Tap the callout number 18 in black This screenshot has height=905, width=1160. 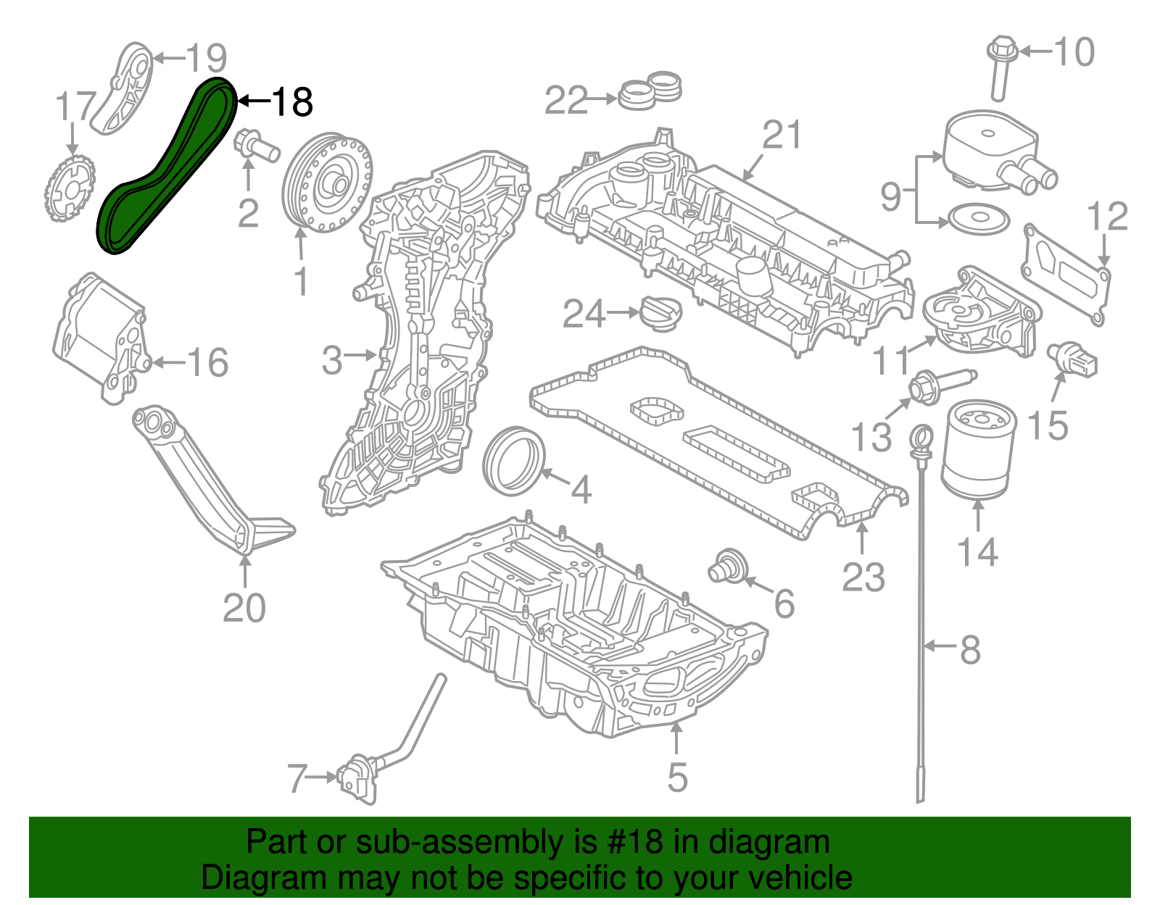(292, 101)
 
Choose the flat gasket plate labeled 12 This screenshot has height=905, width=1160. (1066, 277)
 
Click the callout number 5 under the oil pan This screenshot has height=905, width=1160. (676, 777)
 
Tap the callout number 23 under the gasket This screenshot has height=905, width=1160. (863, 578)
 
